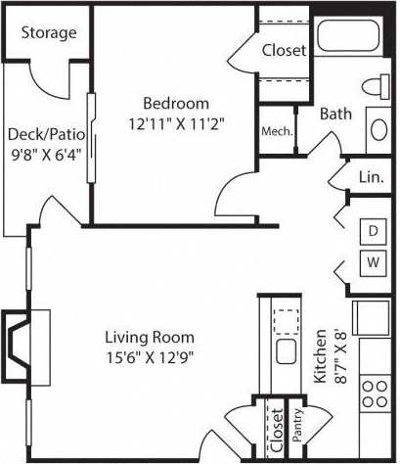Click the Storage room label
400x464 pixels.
point(48,32)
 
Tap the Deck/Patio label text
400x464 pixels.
point(45,134)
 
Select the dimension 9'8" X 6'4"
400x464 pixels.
point(45,154)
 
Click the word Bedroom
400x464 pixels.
point(176,104)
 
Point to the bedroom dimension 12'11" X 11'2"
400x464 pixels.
point(176,124)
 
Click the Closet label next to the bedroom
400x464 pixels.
point(285,49)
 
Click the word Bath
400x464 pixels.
point(335,114)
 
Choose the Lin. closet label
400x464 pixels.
point(371,177)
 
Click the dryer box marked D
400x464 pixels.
point(373,231)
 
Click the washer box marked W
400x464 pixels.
point(373,262)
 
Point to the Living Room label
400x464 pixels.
point(149,337)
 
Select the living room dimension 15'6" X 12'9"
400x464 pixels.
point(149,356)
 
